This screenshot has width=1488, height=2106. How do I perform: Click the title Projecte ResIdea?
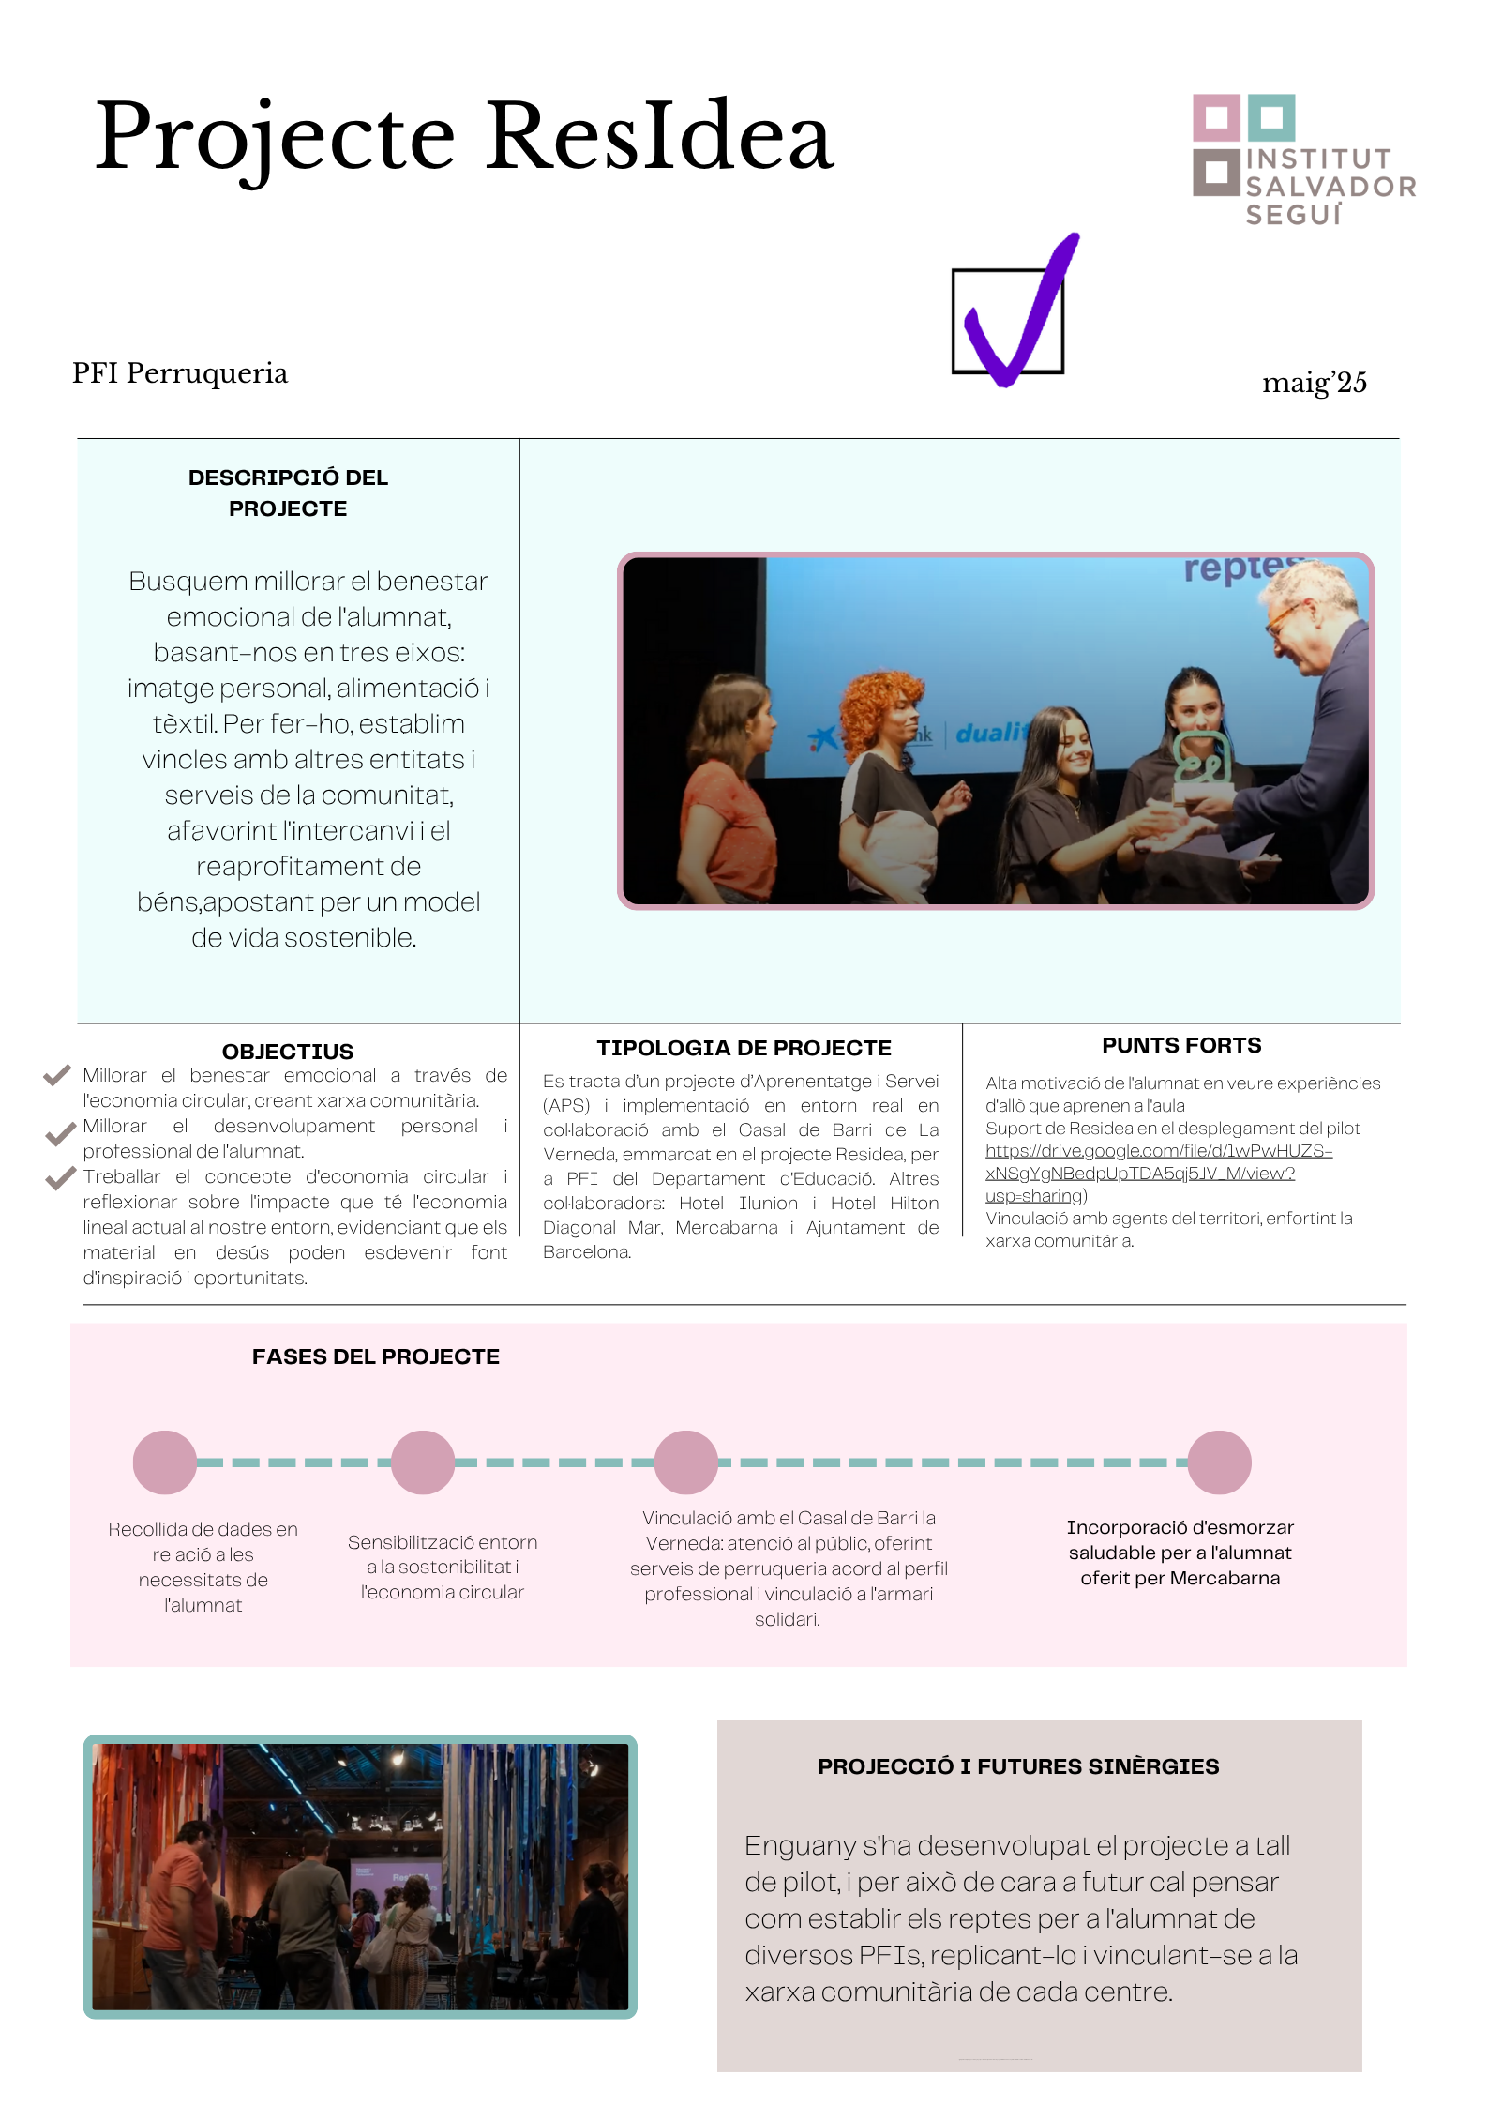point(464,137)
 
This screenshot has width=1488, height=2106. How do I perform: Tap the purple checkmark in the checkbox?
point(1017,314)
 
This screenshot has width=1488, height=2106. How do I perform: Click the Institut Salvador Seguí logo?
point(1302,159)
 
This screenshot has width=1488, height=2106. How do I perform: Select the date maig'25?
point(1314,383)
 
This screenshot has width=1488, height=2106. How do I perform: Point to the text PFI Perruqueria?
point(180,373)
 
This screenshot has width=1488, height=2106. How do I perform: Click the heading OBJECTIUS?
point(287,1051)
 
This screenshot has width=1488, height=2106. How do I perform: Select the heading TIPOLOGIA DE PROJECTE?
point(744,1047)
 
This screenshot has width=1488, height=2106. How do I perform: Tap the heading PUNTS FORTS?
point(1180,1044)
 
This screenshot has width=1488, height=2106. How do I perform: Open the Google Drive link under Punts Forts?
point(1158,1173)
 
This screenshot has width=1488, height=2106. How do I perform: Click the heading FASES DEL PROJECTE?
point(375,1356)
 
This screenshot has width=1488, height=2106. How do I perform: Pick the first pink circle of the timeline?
point(165,1462)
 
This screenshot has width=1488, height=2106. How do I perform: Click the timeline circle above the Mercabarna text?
point(1219,1462)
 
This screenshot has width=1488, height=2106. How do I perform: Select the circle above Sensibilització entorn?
point(423,1462)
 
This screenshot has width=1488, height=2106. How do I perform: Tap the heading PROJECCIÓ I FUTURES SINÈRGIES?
point(1017,1765)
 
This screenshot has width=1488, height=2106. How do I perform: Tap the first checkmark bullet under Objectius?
point(57,1075)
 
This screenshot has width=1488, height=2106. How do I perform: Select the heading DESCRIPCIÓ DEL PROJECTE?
point(288,492)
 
